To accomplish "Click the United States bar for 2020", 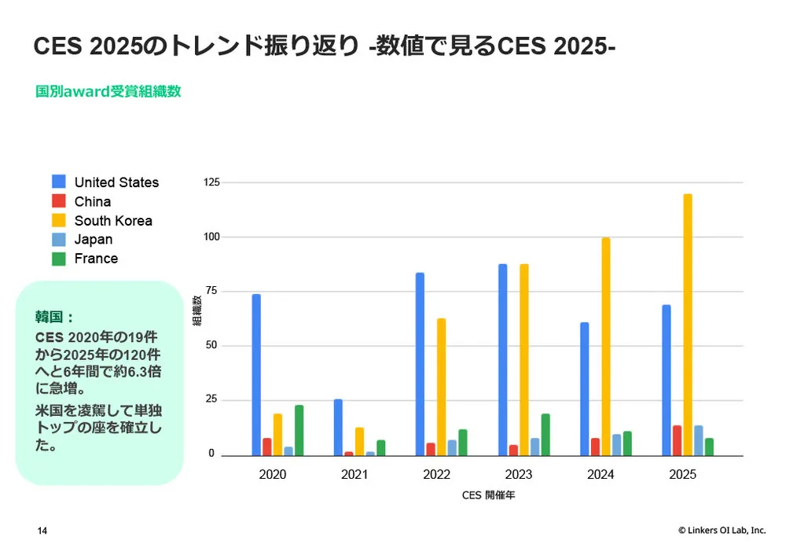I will point(256,375).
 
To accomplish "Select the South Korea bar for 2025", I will point(688,325).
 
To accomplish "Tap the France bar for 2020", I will point(299,430).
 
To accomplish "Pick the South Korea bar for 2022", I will point(442,387).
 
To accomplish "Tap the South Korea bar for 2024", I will point(606,347).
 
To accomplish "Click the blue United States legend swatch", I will point(59,182).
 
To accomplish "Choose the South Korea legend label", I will point(113,221).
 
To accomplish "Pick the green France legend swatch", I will point(59,259).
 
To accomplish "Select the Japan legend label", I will point(94,240).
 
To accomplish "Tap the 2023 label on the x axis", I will point(519,475).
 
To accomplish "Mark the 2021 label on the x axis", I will point(355,475).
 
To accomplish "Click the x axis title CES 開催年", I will point(488,496).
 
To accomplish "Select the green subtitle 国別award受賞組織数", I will point(108,91).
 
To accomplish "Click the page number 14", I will point(42,531).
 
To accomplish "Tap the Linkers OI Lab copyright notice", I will point(722,531).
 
